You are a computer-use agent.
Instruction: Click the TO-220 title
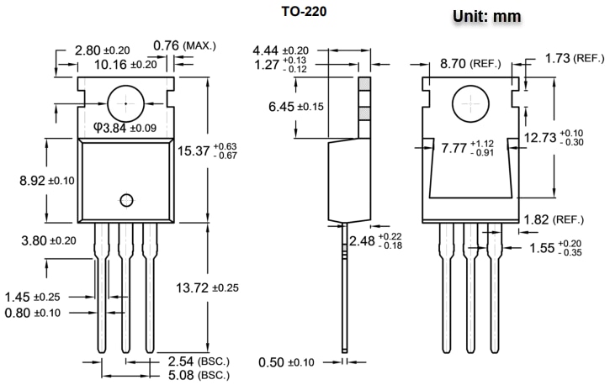(305, 13)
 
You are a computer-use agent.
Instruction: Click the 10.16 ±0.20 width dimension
(125, 64)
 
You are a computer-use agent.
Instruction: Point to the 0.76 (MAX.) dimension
(189, 45)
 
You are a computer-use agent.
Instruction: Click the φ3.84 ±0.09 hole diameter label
(125, 128)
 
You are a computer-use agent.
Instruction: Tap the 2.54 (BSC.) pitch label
(199, 361)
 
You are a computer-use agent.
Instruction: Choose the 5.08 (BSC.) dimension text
(199, 374)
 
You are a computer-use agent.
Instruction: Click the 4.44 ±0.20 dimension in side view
(280, 50)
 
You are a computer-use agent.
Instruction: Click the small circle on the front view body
(127, 199)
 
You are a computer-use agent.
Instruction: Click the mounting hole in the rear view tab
(469, 104)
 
